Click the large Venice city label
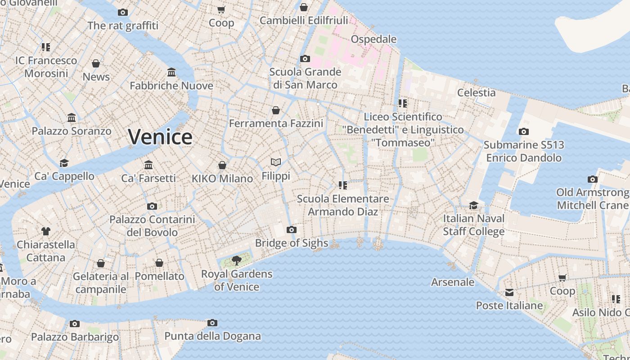point(160,137)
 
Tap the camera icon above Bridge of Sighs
point(292,230)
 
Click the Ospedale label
point(373,39)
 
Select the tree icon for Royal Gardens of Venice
point(236,260)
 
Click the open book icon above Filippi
point(276,162)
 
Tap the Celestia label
point(476,93)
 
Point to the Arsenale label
point(453,282)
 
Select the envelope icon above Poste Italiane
point(509,292)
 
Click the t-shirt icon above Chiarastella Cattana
point(46,231)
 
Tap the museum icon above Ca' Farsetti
point(148,165)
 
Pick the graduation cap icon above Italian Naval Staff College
point(473,205)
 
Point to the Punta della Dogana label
point(212,336)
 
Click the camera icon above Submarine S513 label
point(523,131)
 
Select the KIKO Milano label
point(222,179)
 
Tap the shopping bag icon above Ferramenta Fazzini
point(276,110)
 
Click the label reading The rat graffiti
point(123,26)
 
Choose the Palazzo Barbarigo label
point(75,337)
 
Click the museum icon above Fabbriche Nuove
point(171,72)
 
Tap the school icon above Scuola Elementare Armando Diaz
point(343,185)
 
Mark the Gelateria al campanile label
point(101,283)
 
